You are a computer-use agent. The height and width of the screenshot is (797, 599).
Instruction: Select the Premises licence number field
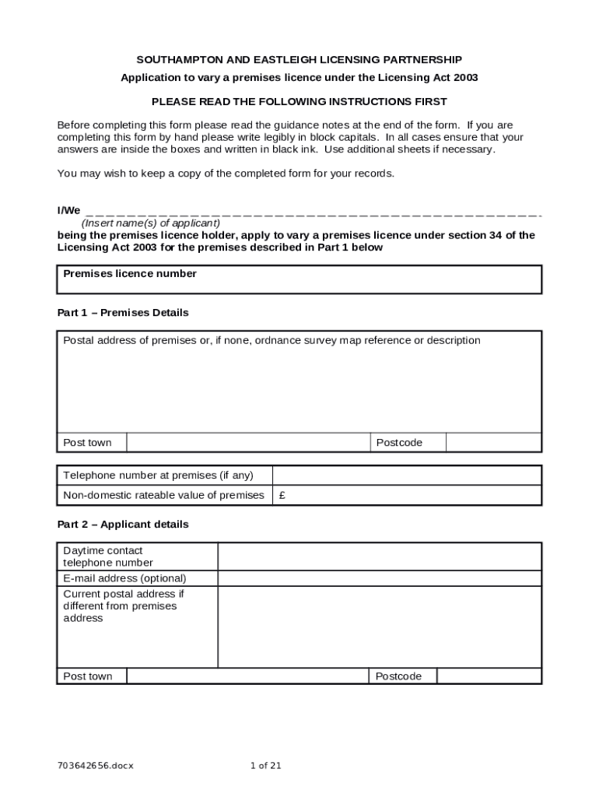[299, 285]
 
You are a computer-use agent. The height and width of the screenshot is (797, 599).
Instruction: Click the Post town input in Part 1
[247, 443]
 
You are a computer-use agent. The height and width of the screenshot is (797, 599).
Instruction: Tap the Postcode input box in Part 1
[493, 443]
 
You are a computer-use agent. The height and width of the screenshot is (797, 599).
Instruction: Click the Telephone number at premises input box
[407, 476]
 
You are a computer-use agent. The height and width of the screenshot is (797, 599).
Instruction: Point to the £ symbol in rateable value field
[282, 496]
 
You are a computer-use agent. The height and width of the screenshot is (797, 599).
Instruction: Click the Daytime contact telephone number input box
[379, 556]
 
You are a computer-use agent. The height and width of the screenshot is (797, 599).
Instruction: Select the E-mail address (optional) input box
[379, 578]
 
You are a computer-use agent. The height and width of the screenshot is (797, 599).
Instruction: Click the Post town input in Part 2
[247, 676]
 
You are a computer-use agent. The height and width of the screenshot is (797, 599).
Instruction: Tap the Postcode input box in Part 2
[489, 676]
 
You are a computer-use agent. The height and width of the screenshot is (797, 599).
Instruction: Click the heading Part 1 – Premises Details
[123, 313]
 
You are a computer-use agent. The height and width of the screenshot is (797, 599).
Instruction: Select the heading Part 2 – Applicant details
[123, 525]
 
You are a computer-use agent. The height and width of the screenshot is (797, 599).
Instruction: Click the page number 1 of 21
[265, 766]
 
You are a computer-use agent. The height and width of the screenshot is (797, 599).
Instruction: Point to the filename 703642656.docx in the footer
[96, 766]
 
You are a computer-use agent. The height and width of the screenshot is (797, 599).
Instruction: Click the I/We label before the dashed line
[68, 211]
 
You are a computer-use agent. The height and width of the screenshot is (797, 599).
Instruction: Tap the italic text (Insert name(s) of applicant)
[145, 223]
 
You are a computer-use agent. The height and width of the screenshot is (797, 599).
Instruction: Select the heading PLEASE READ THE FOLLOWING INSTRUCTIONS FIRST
[299, 102]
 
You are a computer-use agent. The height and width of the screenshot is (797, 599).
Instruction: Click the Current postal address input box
[379, 627]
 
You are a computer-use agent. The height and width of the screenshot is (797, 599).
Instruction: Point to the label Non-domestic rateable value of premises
[163, 496]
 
